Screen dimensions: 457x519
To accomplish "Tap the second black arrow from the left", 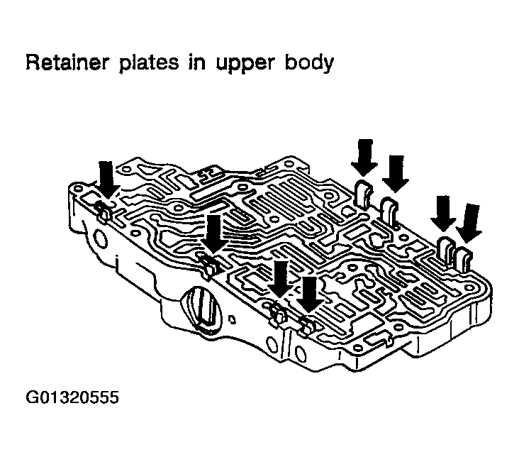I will (x=213, y=233).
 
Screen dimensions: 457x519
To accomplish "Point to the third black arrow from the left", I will (x=281, y=279).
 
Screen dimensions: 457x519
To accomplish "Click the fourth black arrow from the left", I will (x=309, y=293).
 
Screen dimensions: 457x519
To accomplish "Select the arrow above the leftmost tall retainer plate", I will (x=365, y=157).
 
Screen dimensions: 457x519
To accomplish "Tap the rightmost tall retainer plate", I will (x=464, y=260).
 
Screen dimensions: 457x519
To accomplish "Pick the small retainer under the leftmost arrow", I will (x=103, y=211).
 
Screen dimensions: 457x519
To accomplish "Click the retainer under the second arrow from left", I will (x=208, y=267).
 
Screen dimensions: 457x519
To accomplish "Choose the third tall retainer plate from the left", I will (x=447, y=250).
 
